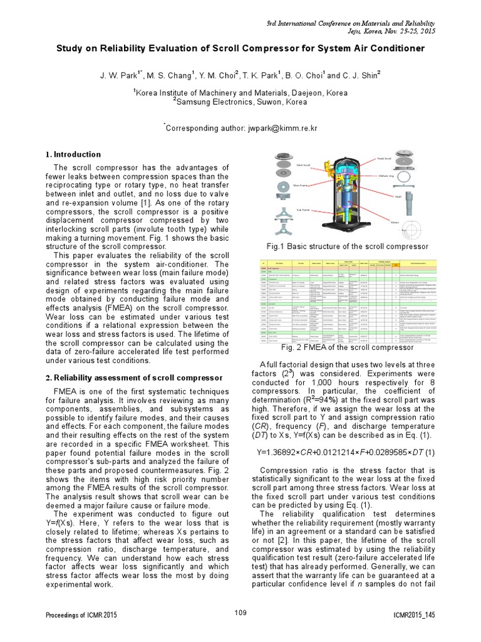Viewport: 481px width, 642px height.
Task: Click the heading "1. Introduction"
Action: tap(73, 154)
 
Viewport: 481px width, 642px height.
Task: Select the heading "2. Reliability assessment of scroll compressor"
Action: tap(133, 378)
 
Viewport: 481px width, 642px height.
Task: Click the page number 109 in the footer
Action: tap(240, 613)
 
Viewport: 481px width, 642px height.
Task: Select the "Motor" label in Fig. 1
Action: tap(396, 221)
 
